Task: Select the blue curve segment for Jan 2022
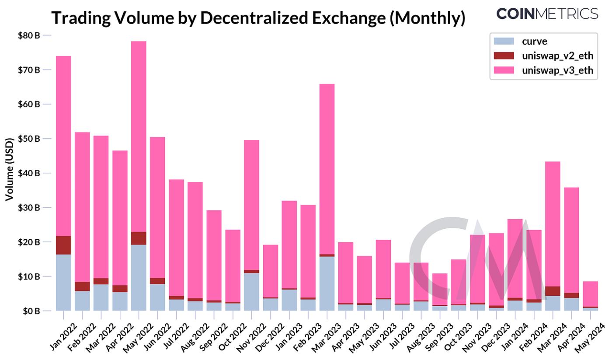[63, 283]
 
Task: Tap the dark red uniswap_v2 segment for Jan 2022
[63, 245]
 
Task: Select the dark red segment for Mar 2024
[553, 291]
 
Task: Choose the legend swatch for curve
[504, 42]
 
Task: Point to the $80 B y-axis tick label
[28, 35]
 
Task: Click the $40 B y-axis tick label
[28, 173]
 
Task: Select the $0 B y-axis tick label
[30, 311]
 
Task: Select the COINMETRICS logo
[547, 14]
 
